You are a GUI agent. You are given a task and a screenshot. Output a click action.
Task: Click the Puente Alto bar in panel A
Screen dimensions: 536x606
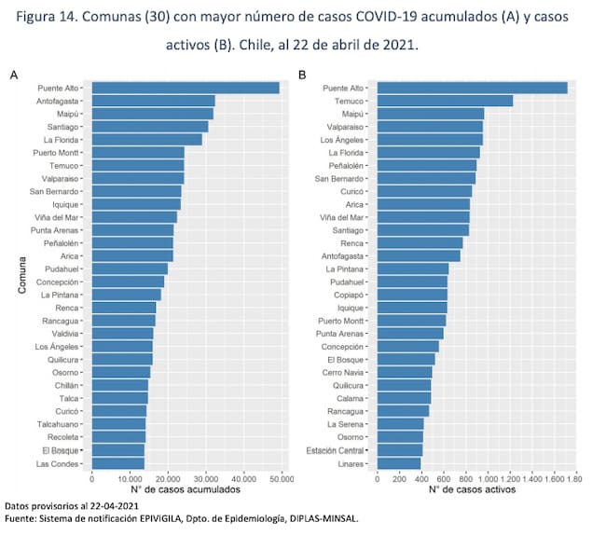pos(185,88)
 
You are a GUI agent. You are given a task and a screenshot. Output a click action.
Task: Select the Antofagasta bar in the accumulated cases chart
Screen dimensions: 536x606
pos(153,101)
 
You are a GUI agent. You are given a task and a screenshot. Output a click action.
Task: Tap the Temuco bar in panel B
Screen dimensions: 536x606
pos(445,101)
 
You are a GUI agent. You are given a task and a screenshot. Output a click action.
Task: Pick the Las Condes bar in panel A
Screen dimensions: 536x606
pos(117,463)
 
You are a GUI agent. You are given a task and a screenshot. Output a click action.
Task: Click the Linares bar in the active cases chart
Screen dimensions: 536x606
pos(398,463)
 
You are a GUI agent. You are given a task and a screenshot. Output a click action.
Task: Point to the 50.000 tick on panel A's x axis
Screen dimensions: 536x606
pos(281,477)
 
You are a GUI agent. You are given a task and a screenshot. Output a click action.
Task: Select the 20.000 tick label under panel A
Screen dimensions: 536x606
pos(168,477)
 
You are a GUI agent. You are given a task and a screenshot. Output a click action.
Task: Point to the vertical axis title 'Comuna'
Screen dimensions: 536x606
pos(20,276)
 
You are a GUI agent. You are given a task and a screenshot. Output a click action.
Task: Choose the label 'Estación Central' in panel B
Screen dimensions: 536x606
pos(337,450)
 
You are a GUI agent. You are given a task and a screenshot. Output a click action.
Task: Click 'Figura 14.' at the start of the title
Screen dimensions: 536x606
pos(42,18)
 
